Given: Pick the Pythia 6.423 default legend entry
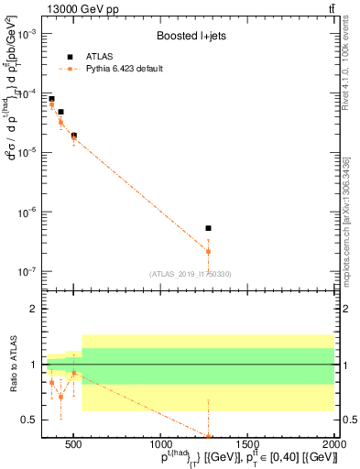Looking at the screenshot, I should (x=129, y=69).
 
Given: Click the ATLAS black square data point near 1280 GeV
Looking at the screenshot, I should (x=208, y=228).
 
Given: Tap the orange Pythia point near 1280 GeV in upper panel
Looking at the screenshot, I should (x=208, y=251).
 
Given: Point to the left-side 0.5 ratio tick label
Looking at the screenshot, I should (x=27, y=420).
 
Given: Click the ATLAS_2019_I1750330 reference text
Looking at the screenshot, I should (x=190, y=274).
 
